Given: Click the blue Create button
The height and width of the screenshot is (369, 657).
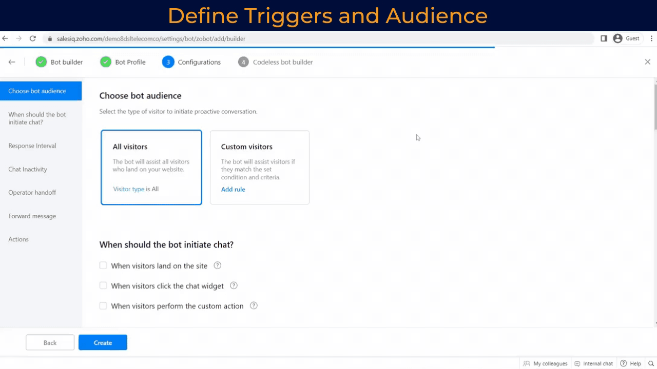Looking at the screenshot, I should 103,343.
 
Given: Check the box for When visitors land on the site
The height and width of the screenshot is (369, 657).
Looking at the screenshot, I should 103,265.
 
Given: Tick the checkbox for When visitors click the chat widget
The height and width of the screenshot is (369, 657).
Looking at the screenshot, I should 103,285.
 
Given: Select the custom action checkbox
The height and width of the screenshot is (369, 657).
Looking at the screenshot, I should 103,306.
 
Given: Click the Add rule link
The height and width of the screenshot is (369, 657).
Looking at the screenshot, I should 233,189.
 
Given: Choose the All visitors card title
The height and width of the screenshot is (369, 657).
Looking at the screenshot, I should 130,147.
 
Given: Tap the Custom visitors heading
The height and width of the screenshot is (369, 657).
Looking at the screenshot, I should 246,147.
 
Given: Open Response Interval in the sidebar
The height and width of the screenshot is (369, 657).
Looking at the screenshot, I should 32,146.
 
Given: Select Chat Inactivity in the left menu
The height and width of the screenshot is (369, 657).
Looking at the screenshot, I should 28,169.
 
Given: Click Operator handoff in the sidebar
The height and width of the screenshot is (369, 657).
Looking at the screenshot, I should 32,192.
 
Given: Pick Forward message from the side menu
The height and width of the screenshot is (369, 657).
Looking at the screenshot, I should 32,216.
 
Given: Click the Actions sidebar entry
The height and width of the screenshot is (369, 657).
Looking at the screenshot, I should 18,239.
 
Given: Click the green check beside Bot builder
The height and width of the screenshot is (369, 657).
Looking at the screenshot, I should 41,62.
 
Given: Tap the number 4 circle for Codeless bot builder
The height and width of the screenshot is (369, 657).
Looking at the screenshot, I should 243,62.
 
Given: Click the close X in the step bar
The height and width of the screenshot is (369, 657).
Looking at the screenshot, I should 647,62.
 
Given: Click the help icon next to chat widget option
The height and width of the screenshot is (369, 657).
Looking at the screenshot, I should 234,285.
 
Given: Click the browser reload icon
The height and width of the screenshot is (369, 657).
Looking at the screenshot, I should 33,38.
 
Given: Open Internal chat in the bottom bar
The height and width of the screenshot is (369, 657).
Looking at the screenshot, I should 594,363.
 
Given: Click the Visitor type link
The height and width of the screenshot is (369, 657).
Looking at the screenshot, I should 128,189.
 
